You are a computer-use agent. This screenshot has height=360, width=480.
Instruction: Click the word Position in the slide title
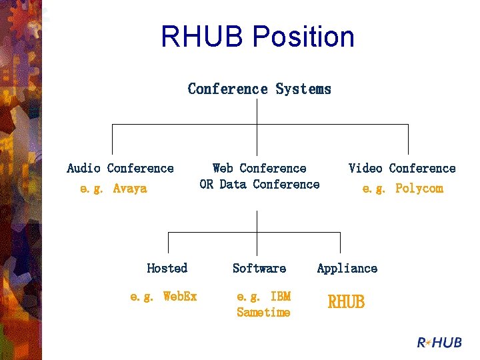pos(304,36)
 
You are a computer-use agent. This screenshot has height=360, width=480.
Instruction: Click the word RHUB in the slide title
pos(202,36)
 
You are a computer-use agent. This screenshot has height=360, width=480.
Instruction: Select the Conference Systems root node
pos(259,89)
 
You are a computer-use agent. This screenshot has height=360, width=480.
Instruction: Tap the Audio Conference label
pos(120,168)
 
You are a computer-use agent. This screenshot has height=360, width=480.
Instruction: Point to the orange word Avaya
pos(130,188)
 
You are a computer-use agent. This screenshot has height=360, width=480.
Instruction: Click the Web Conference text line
pos(259,168)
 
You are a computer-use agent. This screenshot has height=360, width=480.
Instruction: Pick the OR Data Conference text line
pos(259,184)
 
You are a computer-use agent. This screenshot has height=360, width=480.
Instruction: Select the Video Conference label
pos(402,168)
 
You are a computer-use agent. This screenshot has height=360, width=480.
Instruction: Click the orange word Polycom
pos(419,188)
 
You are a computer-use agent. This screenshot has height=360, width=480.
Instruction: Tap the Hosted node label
pos(167,268)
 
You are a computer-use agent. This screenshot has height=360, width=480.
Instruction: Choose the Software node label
pos(259,268)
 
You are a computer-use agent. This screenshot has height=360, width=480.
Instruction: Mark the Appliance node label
pos(347,269)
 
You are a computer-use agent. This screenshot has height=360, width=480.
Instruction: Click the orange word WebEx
pos(180,296)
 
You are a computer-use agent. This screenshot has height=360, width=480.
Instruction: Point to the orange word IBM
pos(281,296)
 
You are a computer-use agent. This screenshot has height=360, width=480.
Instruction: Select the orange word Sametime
pos(263,312)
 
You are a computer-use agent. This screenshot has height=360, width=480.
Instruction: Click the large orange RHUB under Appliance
pos(346,301)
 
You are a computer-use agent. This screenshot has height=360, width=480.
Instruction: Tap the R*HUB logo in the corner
pos(439,342)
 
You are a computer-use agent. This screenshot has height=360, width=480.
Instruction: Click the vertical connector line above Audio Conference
pos(113,139)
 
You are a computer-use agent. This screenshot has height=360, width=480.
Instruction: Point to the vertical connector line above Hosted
pos(169,243)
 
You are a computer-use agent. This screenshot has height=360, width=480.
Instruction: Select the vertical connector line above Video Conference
pos(408,139)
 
